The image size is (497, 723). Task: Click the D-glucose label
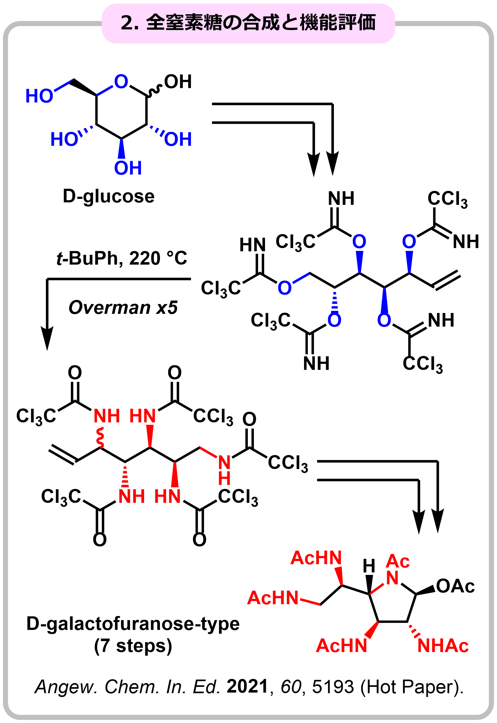(x=109, y=197)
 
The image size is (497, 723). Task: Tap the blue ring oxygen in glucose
(x=121, y=81)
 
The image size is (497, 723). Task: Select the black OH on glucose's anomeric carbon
(x=178, y=82)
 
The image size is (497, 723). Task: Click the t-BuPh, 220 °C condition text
(x=122, y=258)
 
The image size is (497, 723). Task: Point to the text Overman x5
(x=123, y=308)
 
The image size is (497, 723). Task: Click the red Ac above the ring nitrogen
(x=398, y=562)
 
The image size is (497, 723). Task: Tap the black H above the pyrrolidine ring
(x=369, y=566)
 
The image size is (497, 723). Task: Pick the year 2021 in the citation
(x=248, y=687)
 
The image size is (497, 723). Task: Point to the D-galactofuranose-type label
(x=133, y=624)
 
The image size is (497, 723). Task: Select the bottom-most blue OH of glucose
(x=128, y=168)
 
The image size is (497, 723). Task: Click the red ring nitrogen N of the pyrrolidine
(x=392, y=578)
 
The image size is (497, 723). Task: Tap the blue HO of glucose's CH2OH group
(x=39, y=96)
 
